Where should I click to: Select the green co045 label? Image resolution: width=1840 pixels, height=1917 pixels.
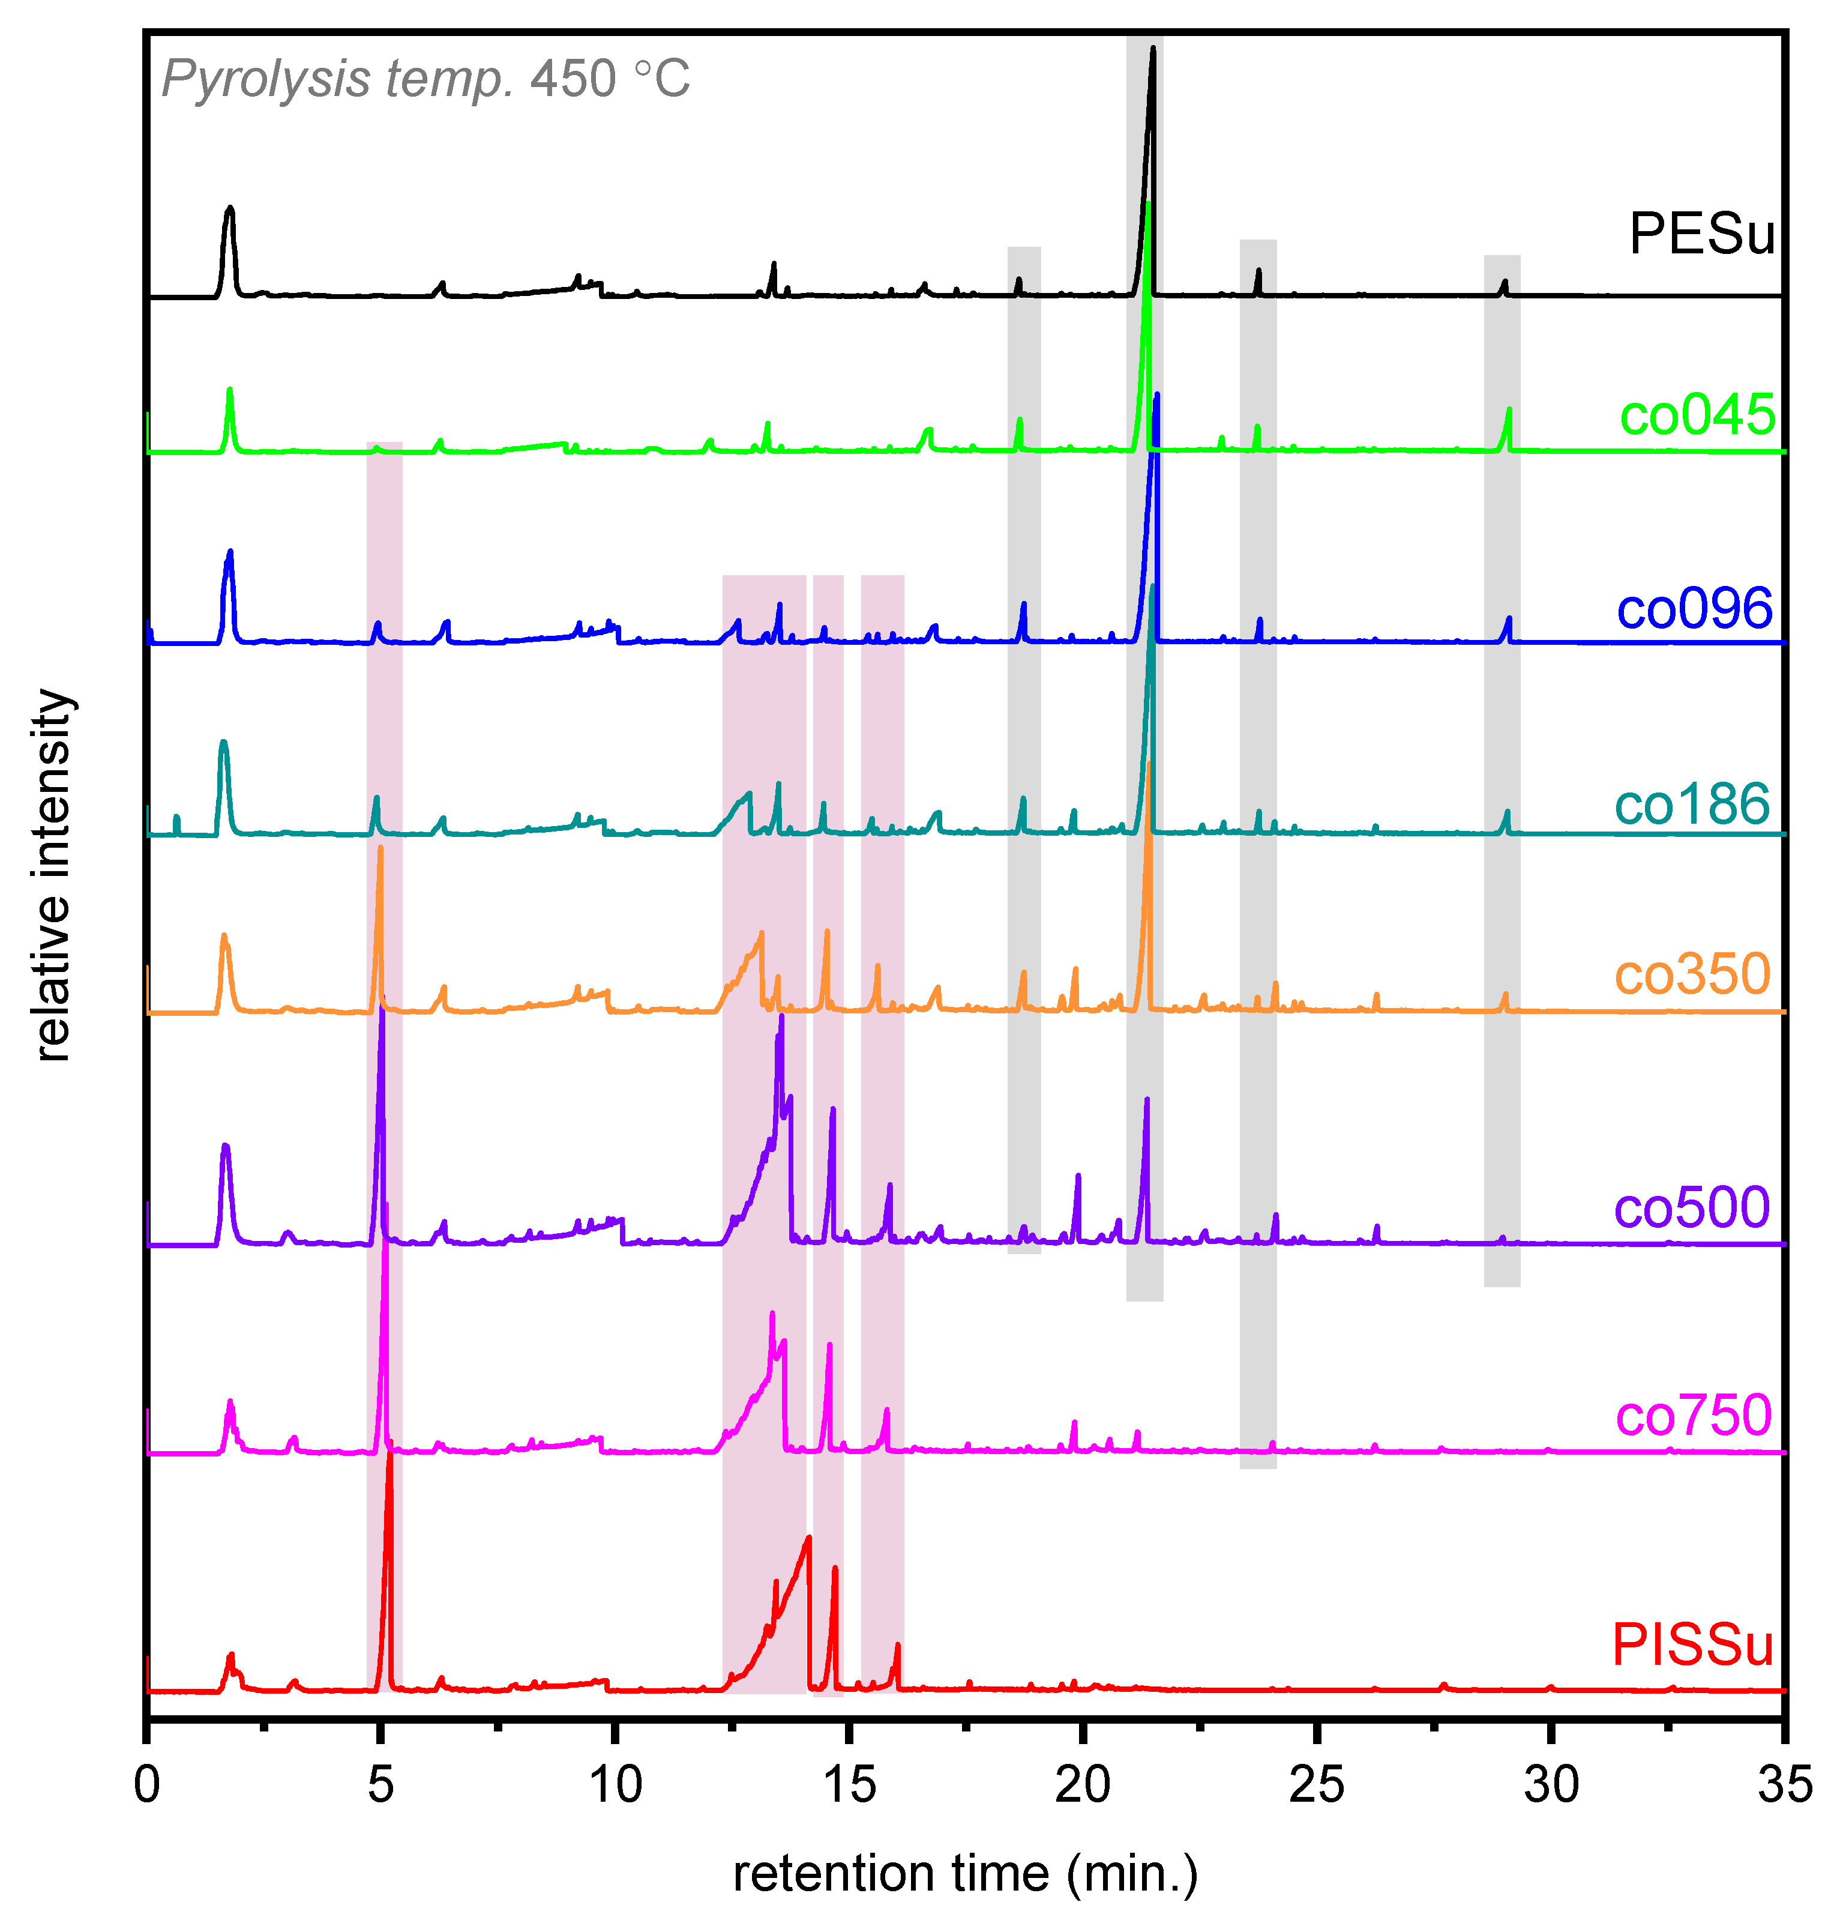(x=1697, y=415)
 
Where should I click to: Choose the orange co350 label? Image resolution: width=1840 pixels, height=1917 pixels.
(x=1691, y=974)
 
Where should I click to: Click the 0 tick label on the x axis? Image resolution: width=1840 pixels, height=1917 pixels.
(x=146, y=1785)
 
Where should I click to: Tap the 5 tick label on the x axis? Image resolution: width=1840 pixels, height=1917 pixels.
(x=380, y=1785)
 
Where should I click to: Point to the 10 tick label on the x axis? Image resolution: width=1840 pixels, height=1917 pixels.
(x=615, y=1785)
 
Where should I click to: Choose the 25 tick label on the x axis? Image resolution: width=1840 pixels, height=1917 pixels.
(x=1316, y=1785)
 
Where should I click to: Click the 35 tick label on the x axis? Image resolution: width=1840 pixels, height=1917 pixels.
(x=1784, y=1785)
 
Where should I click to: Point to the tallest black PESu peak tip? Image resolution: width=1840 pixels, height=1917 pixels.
(x=1153, y=49)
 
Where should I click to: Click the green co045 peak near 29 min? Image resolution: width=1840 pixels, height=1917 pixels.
(x=1509, y=410)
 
